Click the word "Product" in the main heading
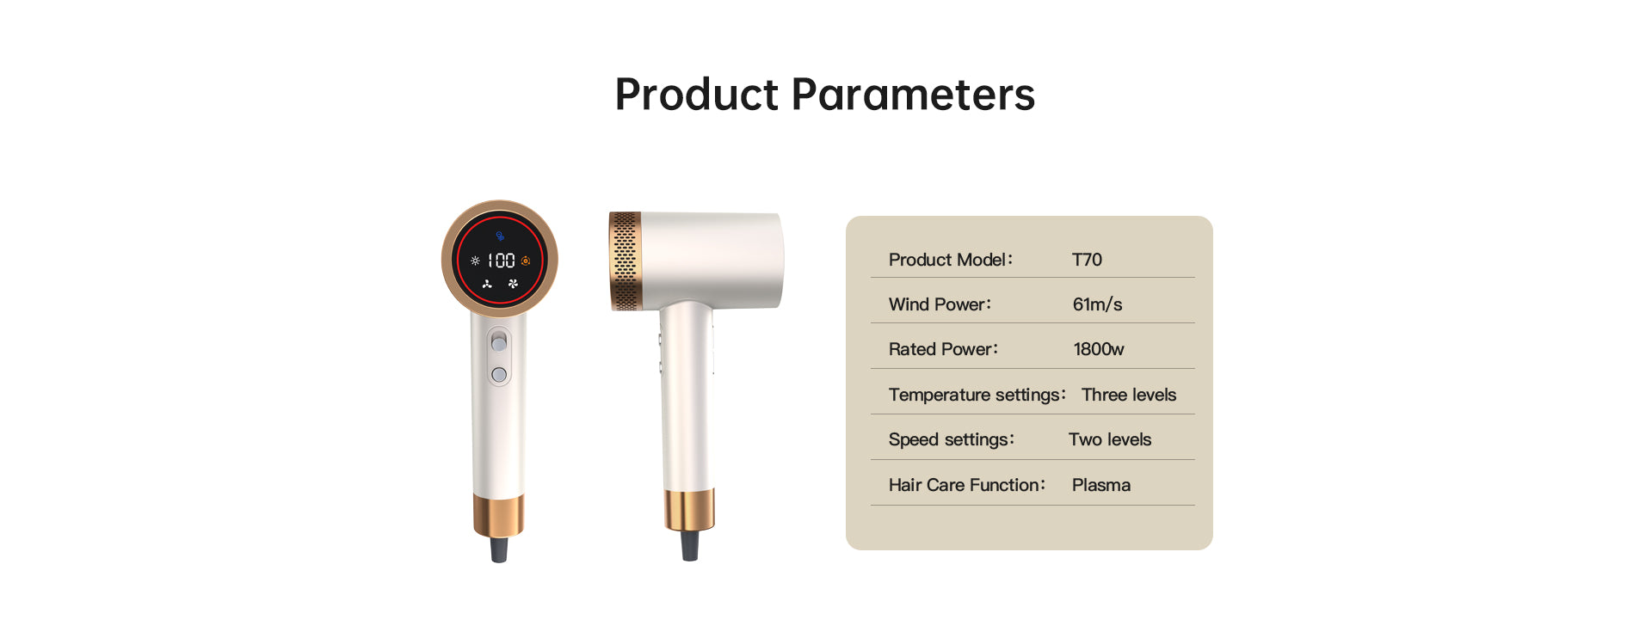pos(697,94)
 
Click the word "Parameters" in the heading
pos(913,94)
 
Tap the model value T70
pos(1087,260)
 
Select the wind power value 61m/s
pos(1097,304)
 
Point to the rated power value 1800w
pos(1099,349)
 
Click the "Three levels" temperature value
pos(1129,395)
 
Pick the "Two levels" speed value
pos(1110,439)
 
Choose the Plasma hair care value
pos(1101,485)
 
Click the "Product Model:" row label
pos(951,260)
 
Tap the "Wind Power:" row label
pos(940,304)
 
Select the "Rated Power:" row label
pos(943,349)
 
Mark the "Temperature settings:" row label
pos(977,396)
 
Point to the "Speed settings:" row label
pos(952,440)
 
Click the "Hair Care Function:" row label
pos(967,485)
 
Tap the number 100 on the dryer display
pos(501,261)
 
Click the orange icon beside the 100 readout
pos(526,261)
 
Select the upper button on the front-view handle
pos(499,343)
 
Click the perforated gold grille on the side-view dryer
pos(626,261)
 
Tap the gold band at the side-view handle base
pos(689,509)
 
